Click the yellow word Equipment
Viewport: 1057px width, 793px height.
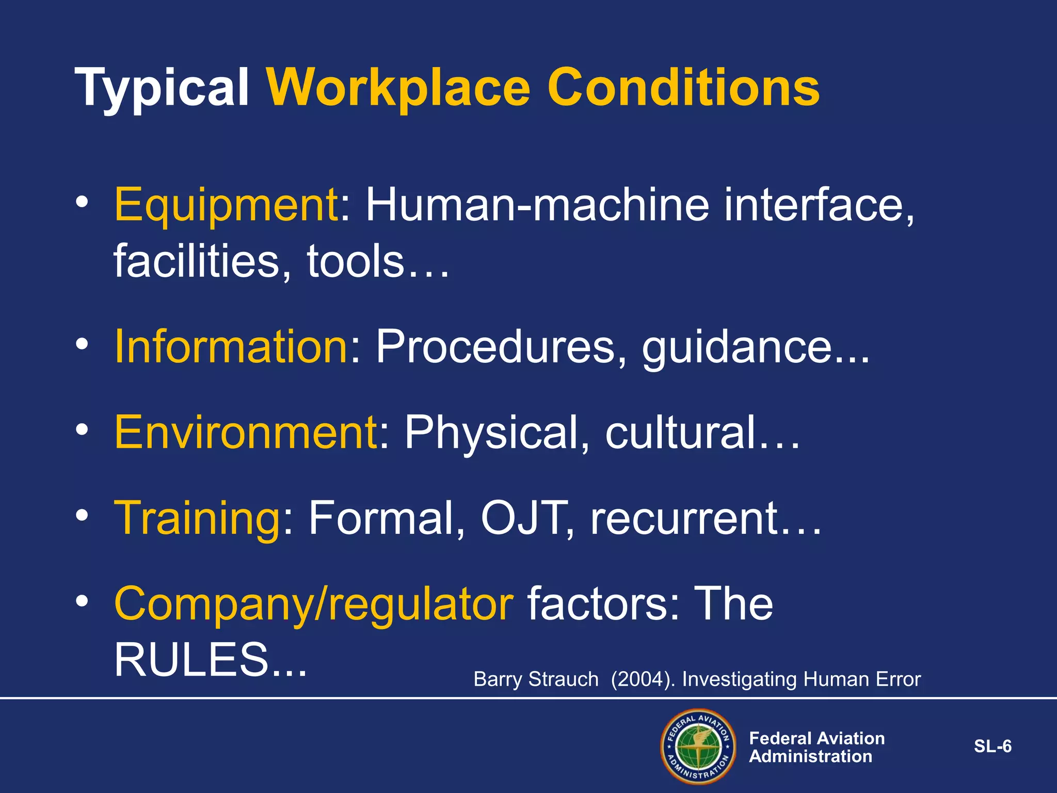click(226, 205)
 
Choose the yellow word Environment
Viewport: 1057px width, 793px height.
click(246, 432)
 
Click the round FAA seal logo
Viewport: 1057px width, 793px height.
click(698, 747)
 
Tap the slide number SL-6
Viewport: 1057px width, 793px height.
click(992, 747)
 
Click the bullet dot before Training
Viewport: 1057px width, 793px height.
click(82, 515)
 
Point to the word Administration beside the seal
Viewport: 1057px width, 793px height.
click(810, 757)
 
